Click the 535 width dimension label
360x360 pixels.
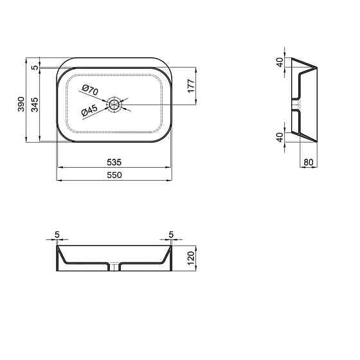pos(114,162)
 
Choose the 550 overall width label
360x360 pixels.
pos(114,174)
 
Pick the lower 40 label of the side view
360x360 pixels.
pos(279,137)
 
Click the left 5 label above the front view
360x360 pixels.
pos(57,235)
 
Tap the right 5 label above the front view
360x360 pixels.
pos(171,235)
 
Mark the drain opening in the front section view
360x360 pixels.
pos(114,266)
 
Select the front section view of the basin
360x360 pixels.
pos(114,258)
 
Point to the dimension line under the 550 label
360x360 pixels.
pos(114,180)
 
